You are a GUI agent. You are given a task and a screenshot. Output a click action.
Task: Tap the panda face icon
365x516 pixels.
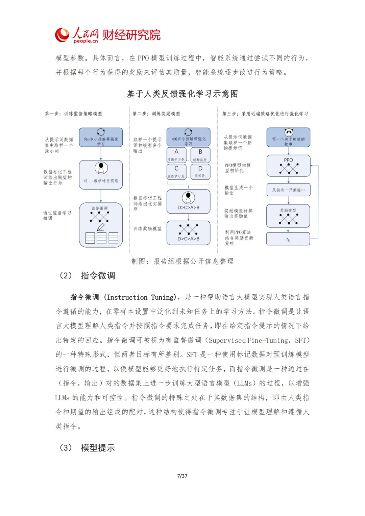point(288,132)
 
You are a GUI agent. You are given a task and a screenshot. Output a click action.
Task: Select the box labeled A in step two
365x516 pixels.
point(176,155)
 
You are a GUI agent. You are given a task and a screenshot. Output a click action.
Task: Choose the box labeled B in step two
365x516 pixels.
point(200,155)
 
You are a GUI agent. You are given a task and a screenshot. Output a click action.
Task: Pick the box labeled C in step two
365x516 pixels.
point(176,171)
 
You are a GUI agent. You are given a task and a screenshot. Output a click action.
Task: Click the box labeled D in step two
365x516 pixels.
point(200,171)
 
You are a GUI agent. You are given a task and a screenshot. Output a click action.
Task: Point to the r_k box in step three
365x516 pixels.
point(288,239)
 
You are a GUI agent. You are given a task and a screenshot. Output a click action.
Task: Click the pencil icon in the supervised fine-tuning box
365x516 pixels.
point(101,227)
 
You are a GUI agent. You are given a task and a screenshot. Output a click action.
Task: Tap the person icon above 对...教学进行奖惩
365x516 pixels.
point(101,168)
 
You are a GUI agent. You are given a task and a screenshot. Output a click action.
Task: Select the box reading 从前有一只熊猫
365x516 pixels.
point(288,190)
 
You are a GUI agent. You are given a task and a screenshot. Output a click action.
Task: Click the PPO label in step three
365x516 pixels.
point(288,160)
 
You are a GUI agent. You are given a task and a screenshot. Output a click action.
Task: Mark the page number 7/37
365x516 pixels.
point(182,476)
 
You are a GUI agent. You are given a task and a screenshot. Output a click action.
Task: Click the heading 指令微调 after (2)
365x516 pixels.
point(98,276)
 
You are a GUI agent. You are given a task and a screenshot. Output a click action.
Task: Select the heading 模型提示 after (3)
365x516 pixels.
point(98,448)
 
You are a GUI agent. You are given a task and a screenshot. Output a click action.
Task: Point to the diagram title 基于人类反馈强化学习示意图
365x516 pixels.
point(182,94)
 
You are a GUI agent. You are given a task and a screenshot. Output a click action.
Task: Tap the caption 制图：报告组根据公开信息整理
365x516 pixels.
point(182,261)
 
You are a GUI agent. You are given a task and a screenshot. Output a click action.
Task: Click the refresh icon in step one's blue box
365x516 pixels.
point(101,132)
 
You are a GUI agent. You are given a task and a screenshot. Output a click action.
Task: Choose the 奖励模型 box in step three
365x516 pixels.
point(288,216)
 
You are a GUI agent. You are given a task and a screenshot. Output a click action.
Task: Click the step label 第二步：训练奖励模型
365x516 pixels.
point(156,114)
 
